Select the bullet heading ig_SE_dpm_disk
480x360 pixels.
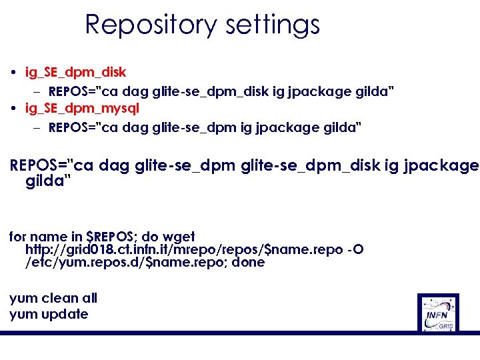coord(75,71)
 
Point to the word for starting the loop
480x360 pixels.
coord(18,237)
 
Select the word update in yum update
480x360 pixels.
coord(65,314)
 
